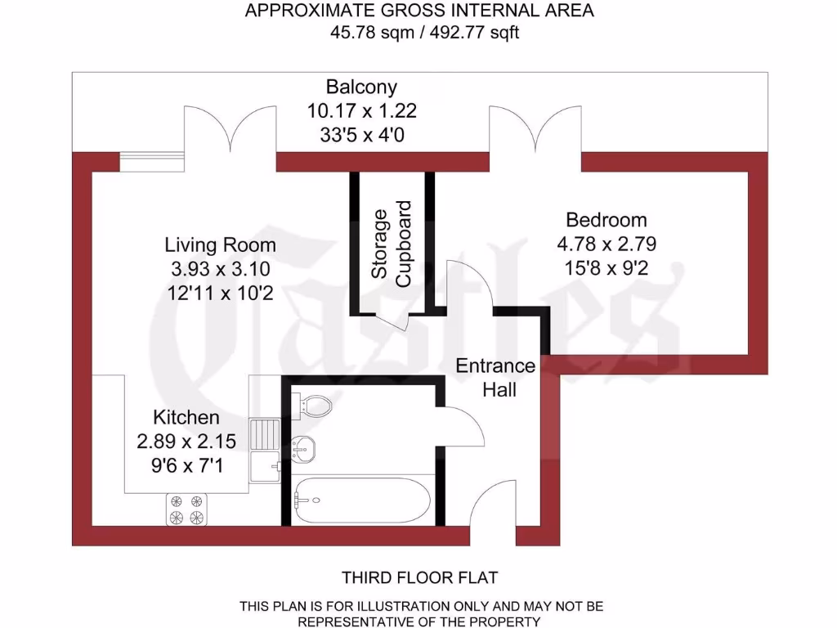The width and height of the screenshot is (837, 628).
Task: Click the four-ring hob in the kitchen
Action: coord(187,509)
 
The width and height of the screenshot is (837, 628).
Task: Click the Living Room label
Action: coord(220,244)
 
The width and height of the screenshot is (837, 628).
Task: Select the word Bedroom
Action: coord(606,220)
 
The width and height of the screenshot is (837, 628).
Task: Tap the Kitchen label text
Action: coord(186,417)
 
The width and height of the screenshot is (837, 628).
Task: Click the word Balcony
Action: coord(361,87)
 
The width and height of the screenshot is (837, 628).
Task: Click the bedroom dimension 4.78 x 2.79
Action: coord(606,244)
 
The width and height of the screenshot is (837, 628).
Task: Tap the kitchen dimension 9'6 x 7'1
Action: coord(186,465)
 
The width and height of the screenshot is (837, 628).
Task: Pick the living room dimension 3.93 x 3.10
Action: coord(220,268)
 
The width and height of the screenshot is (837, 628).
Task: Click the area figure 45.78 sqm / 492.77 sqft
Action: coord(418,33)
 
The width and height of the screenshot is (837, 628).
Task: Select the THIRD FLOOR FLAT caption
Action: coord(418,578)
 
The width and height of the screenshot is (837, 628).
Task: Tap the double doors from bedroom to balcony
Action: coord(535,131)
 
